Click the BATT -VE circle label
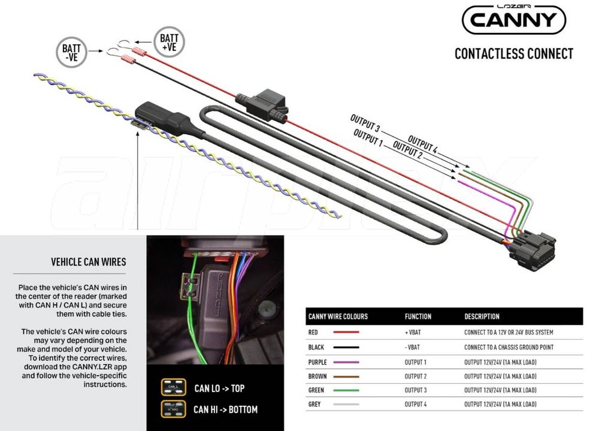[x=71, y=52]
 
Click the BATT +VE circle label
[x=170, y=42]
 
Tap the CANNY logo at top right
[x=513, y=19]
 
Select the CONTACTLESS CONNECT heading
[x=514, y=53]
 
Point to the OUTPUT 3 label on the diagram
[x=365, y=123]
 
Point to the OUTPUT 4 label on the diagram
[x=422, y=144]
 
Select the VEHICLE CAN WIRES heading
[x=89, y=262]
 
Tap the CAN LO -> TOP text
[x=219, y=388]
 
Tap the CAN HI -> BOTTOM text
[x=225, y=409]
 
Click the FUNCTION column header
[x=418, y=317]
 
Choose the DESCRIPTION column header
[x=482, y=317]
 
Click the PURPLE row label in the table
[x=317, y=362]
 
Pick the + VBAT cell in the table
[x=413, y=332]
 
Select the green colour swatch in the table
[x=346, y=390]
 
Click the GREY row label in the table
[x=314, y=404]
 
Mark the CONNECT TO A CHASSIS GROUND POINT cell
[x=509, y=347]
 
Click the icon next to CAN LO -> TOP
[x=174, y=387]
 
